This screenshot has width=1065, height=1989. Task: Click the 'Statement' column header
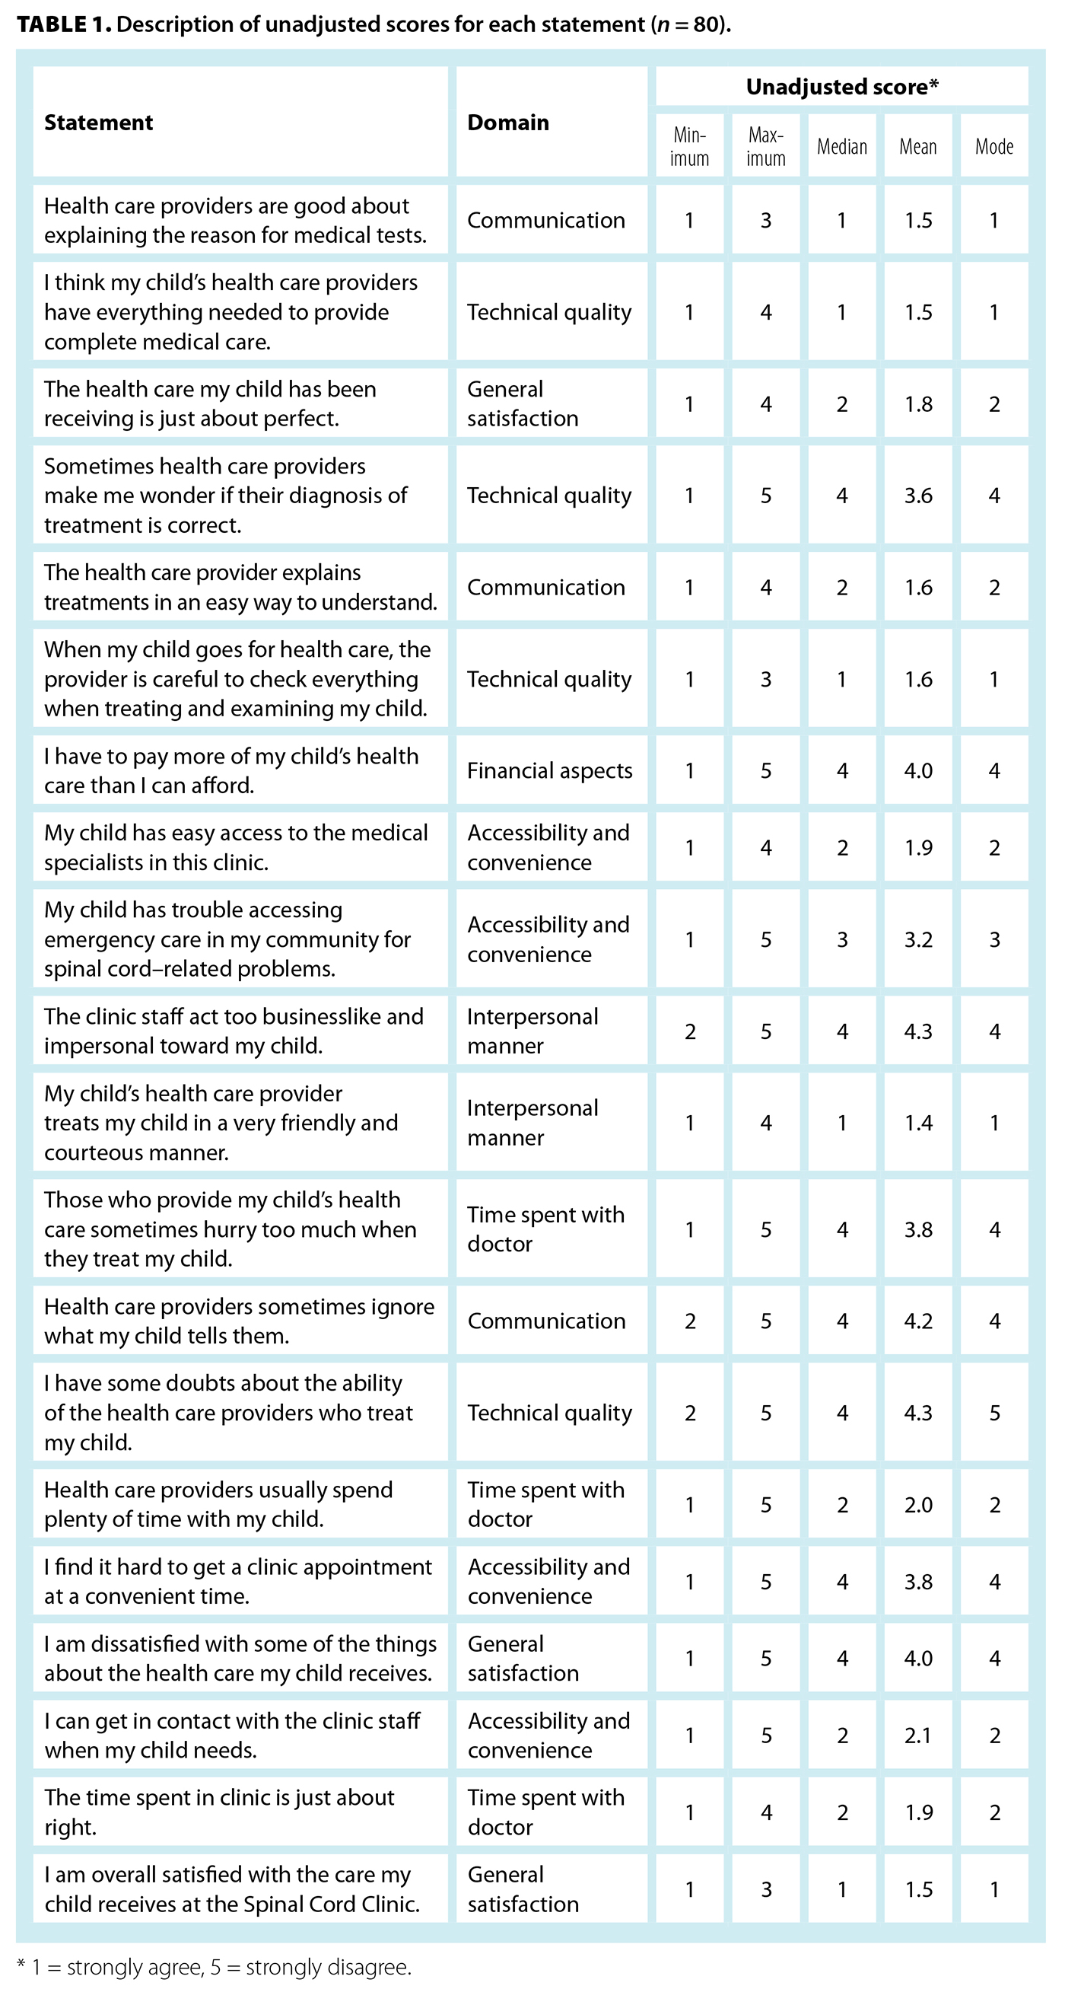point(98,122)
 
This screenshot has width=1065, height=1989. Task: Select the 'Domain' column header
point(508,122)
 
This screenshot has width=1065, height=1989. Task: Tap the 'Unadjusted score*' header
point(841,87)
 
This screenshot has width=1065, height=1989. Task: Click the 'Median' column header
point(842,147)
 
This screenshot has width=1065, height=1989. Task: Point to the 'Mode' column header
point(994,147)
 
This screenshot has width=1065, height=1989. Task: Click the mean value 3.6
point(917,496)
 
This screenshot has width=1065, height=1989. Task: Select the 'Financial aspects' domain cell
point(549,770)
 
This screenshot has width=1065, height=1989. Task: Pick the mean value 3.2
point(917,939)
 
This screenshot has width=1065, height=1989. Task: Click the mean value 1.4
point(917,1123)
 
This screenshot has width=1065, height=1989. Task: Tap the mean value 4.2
point(917,1321)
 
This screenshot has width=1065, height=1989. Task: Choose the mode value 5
point(994,1413)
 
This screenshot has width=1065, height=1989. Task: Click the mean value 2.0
point(917,1505)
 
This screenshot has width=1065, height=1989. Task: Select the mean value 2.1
point(917,1736)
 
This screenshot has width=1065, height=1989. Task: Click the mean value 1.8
point(917,404)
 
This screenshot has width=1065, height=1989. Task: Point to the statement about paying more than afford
point(230,770)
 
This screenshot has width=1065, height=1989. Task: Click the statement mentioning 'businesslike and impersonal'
point(233,1031)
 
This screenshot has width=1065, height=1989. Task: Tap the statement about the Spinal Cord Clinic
point(231,1889)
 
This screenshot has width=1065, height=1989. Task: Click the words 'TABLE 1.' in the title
point(63,24)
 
